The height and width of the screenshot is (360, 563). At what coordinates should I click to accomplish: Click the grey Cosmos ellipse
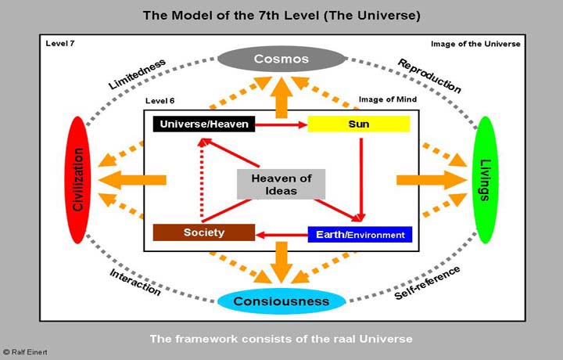tap(282, 59)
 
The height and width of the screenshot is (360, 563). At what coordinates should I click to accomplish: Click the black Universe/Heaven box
tap(192, 124)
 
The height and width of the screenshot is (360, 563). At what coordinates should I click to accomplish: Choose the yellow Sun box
tap(359, 124)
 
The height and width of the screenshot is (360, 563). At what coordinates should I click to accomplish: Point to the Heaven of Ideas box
tap(281, 184)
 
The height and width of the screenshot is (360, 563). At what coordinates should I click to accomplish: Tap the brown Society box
tap(203, 232)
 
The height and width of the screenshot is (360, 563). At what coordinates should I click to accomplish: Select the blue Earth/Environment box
tap(360, 234)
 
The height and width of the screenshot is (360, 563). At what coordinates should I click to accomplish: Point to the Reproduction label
tap(429, 75)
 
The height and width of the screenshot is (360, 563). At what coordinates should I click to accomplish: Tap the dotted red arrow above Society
tap(202, 180)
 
